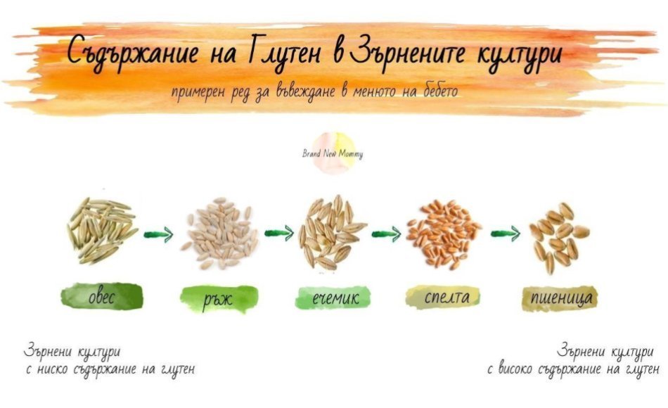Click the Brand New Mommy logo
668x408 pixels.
333,153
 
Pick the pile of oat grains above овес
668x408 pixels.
102,230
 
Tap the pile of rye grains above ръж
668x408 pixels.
220,233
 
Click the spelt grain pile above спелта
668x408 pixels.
443,234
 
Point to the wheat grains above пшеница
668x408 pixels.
560,238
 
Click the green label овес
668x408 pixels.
102,296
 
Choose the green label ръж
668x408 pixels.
219,299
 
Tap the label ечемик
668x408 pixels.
333,298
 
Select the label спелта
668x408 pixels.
443,297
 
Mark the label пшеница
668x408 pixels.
560,298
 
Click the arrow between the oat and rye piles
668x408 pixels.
158,234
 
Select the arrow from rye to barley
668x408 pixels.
279,233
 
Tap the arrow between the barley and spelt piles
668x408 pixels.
387,234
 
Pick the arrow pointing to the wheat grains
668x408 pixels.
506,234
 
